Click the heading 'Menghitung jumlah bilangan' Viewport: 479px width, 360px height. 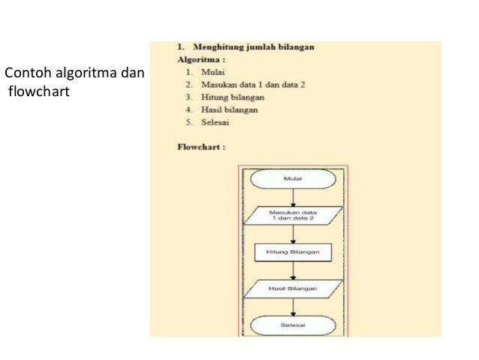(x=255, y=47)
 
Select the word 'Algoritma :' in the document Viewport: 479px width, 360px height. (x=202, y=58)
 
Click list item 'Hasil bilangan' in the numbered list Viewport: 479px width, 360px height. (x=229, y=110)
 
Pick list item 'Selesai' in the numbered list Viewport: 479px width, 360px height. (x=215, y=122)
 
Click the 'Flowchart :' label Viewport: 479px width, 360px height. (x=201, y=147)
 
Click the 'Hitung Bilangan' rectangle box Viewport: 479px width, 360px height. (x=294, y=253)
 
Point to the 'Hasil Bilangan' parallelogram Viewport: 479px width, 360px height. (x=294, y=289)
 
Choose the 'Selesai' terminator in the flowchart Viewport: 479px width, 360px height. (x=294, y=325)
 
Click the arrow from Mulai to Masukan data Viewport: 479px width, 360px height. (x=294, y=198)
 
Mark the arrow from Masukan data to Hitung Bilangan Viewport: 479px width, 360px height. (x=294, y=234)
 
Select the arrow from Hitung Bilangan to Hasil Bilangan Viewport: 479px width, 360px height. (x=294, y=271)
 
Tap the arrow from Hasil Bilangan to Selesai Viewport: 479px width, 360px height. (x=294, y=307)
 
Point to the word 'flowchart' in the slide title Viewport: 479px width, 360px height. (x=38, y=93)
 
